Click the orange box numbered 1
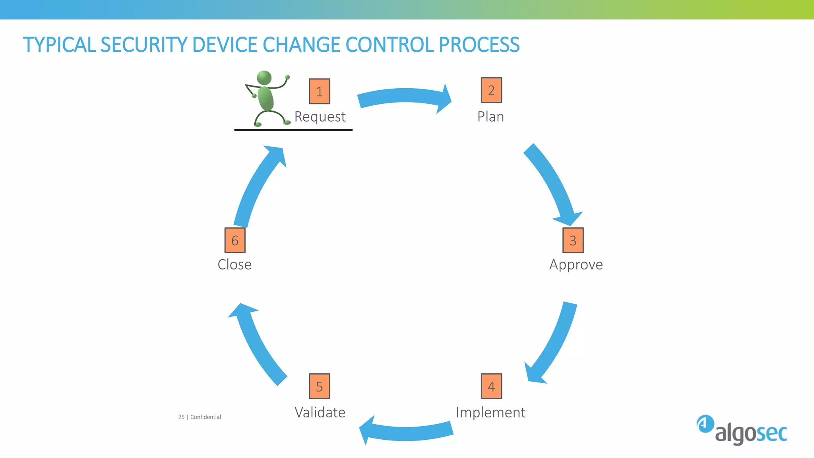pyautogui.click(x=320, y=91)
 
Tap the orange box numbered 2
pyautogui.click(x=491, y=90)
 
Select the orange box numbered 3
pyautogui.click(x=573, y=240)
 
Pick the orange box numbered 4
pyautogui.click(x=491, y=386)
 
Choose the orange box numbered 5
pyautogui.click(x=320, y=386)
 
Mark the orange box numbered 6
pyautogui.click(x=235, y=240)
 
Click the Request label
pyautogui.click(x=320, y=117)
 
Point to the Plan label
pyautogui.click(x=490, y=117)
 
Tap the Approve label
pyautogui.click(x=576, y=265)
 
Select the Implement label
pyautogui.click(x=490, y=413)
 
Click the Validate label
pyautogui.click(x=320, y=413)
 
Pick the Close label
pyautogui.click(x=235, y=265)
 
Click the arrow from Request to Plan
pyautogui.click(x=403, y=97)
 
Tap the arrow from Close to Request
pyautogui.click(x=254, y=187)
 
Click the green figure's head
pyautogui.click(x=264, y=78)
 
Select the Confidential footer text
pyautogui.click(x=205, y=417)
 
